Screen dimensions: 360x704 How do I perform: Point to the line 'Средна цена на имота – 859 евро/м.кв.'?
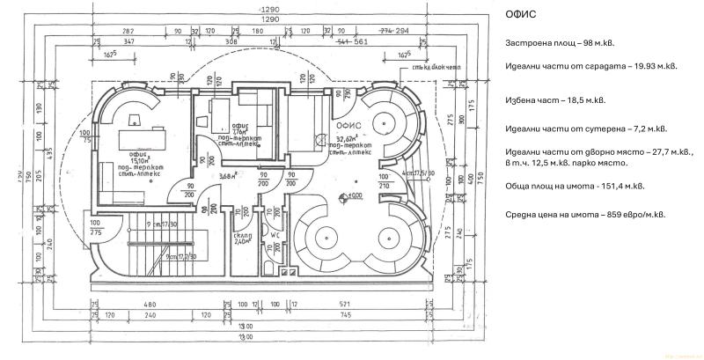[585, 215]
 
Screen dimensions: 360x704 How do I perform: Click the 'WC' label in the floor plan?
[275, 235]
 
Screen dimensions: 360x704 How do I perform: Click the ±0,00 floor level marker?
[354, 195]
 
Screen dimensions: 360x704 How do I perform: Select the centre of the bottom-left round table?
[325, 238]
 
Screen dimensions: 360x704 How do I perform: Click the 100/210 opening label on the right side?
[384, 182]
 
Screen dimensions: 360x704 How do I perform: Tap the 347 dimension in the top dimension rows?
[129, 40]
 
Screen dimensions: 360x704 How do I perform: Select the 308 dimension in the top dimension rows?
[232, 40]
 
